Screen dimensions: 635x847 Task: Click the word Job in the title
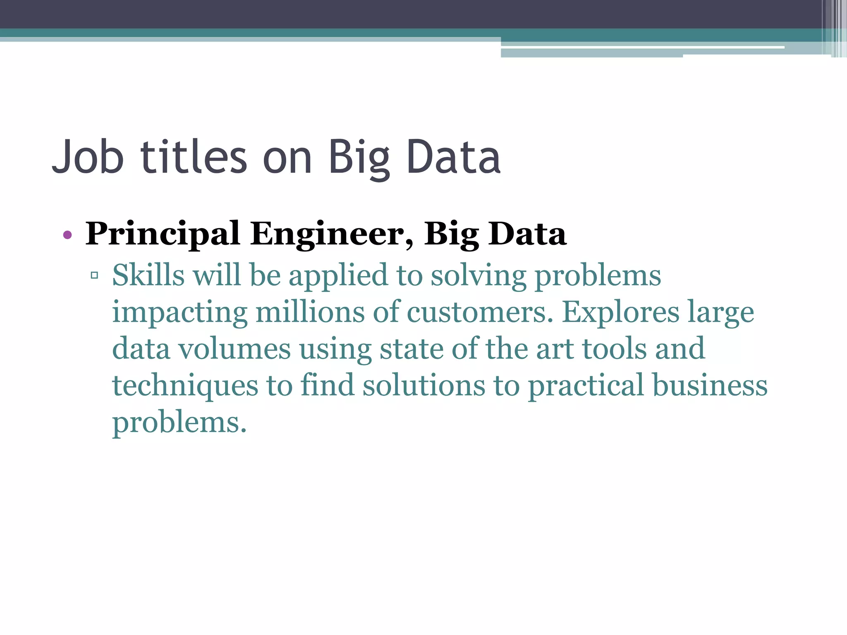point(88,157)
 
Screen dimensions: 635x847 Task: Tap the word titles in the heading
point(194,157)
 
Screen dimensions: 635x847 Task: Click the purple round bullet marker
point(67,236)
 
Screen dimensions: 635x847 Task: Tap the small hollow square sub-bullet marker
point(94,275)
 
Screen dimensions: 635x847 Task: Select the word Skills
point(148,275)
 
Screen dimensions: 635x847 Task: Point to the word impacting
point(180,313)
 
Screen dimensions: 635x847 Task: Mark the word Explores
point(620,313)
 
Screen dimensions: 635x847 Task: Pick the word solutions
point(424,385)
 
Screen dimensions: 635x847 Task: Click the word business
point(710,385)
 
